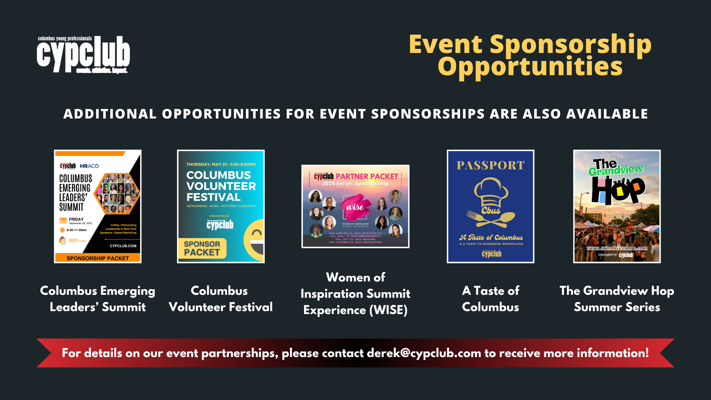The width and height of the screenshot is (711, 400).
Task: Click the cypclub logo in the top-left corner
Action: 83,55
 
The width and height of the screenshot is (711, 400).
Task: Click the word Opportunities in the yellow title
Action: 530,67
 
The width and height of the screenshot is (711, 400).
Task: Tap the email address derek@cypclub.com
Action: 424,353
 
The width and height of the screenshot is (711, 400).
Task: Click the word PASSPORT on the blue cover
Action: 491,165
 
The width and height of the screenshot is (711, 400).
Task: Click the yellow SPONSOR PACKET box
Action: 202,248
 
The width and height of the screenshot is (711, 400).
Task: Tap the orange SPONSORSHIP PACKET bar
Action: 98,258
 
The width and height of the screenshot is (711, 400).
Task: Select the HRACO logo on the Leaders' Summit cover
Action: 89,166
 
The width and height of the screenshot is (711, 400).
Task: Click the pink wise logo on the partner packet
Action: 355,207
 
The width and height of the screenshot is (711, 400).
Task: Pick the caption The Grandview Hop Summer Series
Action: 617,299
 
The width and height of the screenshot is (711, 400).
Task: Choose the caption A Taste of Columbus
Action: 490,299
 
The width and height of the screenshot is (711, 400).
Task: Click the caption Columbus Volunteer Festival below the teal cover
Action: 220,299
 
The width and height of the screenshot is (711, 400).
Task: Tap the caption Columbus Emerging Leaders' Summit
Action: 98,299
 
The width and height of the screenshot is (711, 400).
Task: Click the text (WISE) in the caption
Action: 388,310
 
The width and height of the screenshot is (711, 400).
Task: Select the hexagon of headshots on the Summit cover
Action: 117,193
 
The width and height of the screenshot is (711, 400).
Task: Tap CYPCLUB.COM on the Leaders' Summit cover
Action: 123,246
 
